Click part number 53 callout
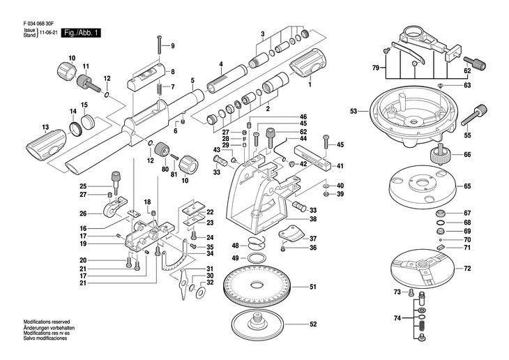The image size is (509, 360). coord(354,112)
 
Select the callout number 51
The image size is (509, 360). coord(313,287)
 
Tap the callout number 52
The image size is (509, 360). coord(313,324)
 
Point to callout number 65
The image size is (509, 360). coord(468,186)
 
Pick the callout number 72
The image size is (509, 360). coord(468,268)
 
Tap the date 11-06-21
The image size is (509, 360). coord(48,33)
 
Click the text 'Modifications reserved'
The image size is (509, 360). coord(47,322)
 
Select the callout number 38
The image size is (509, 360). coord(313,219)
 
